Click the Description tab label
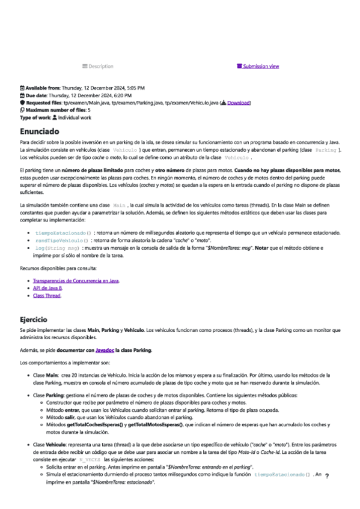(x=100, y=66)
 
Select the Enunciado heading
(x=39, y=130)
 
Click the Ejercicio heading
(x=37, y=320)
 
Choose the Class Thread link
(x=47, y=295)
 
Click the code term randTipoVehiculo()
(x=62, y=239)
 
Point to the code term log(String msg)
(x=58, y=247)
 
